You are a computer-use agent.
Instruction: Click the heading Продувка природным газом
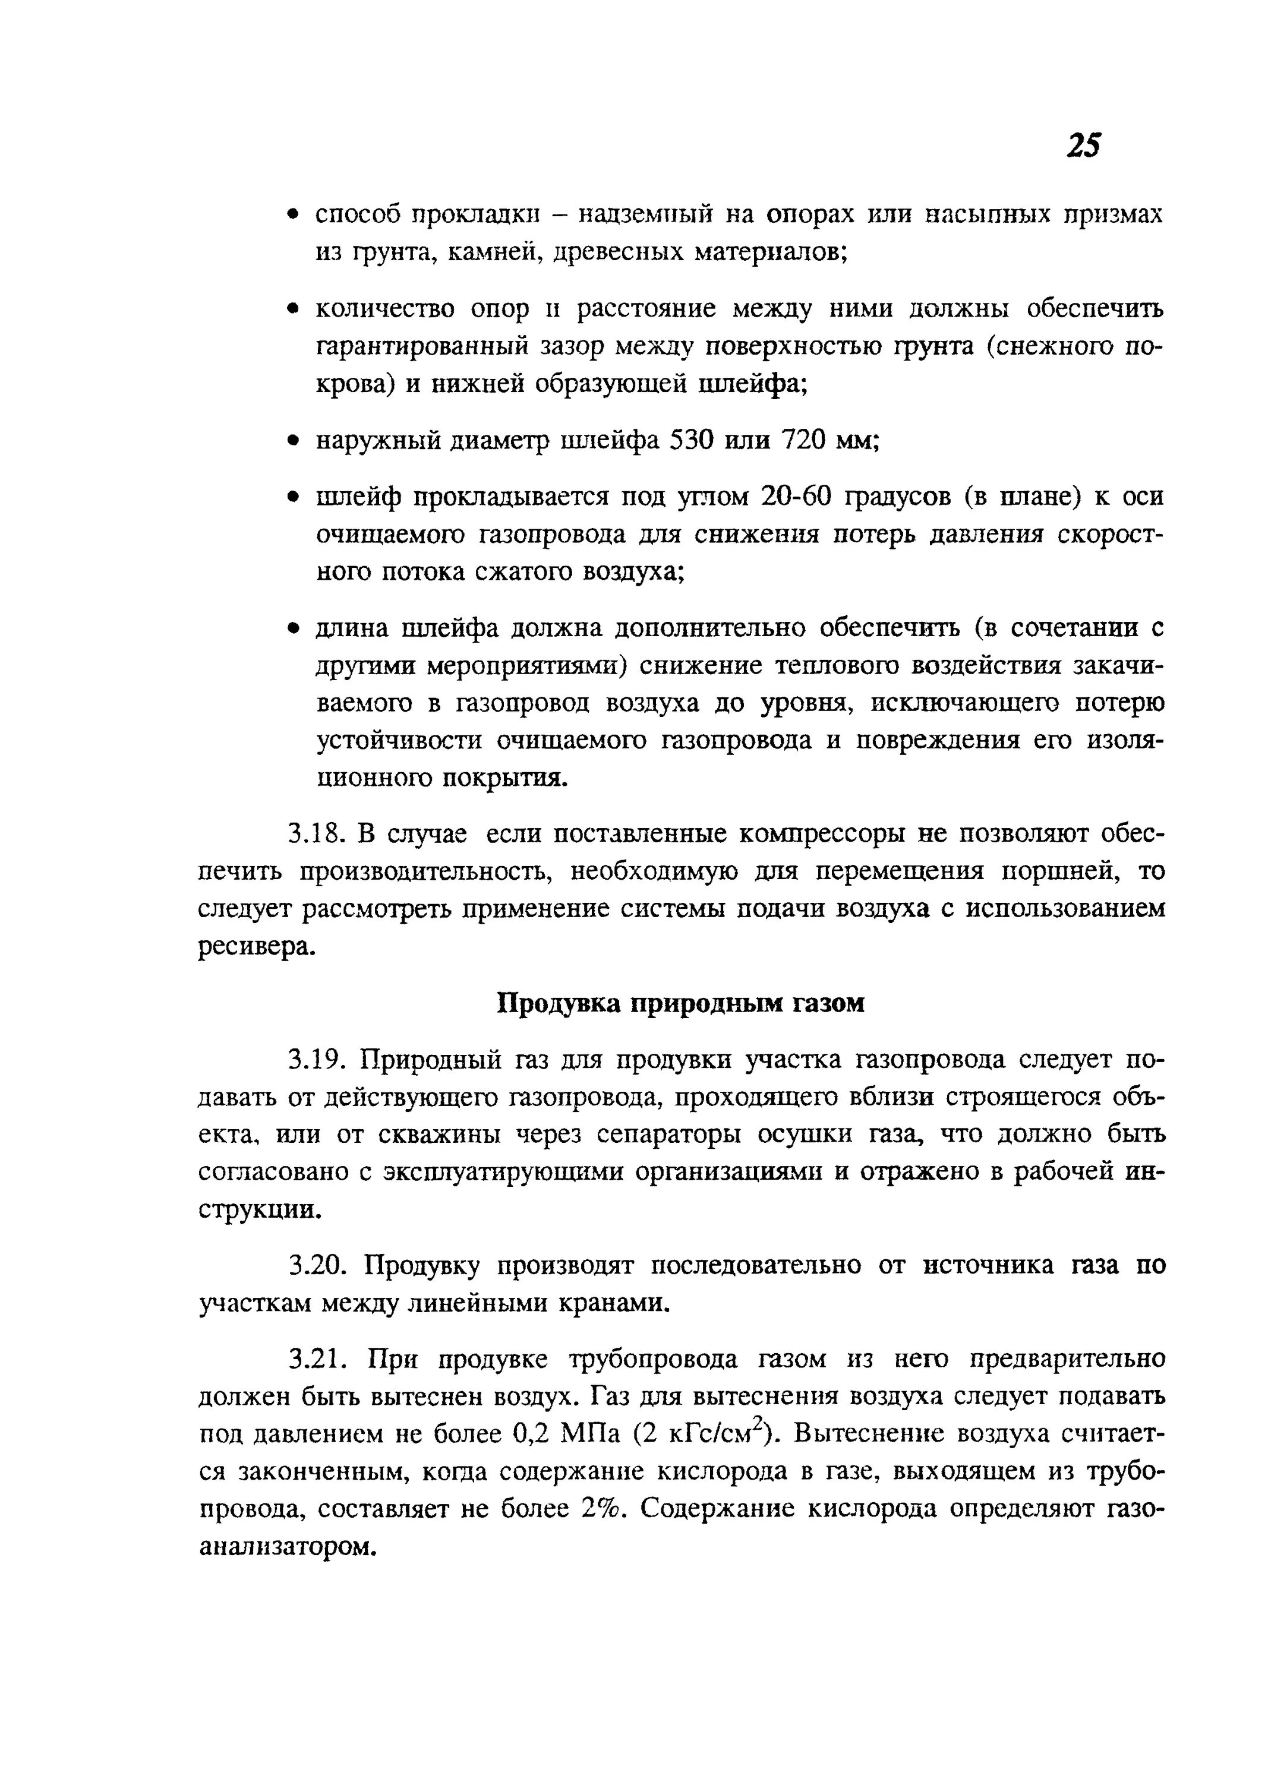coord(681,1003)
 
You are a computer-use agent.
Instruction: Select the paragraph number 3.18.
coord(316,835)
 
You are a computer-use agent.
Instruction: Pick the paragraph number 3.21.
coord(316,1360)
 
